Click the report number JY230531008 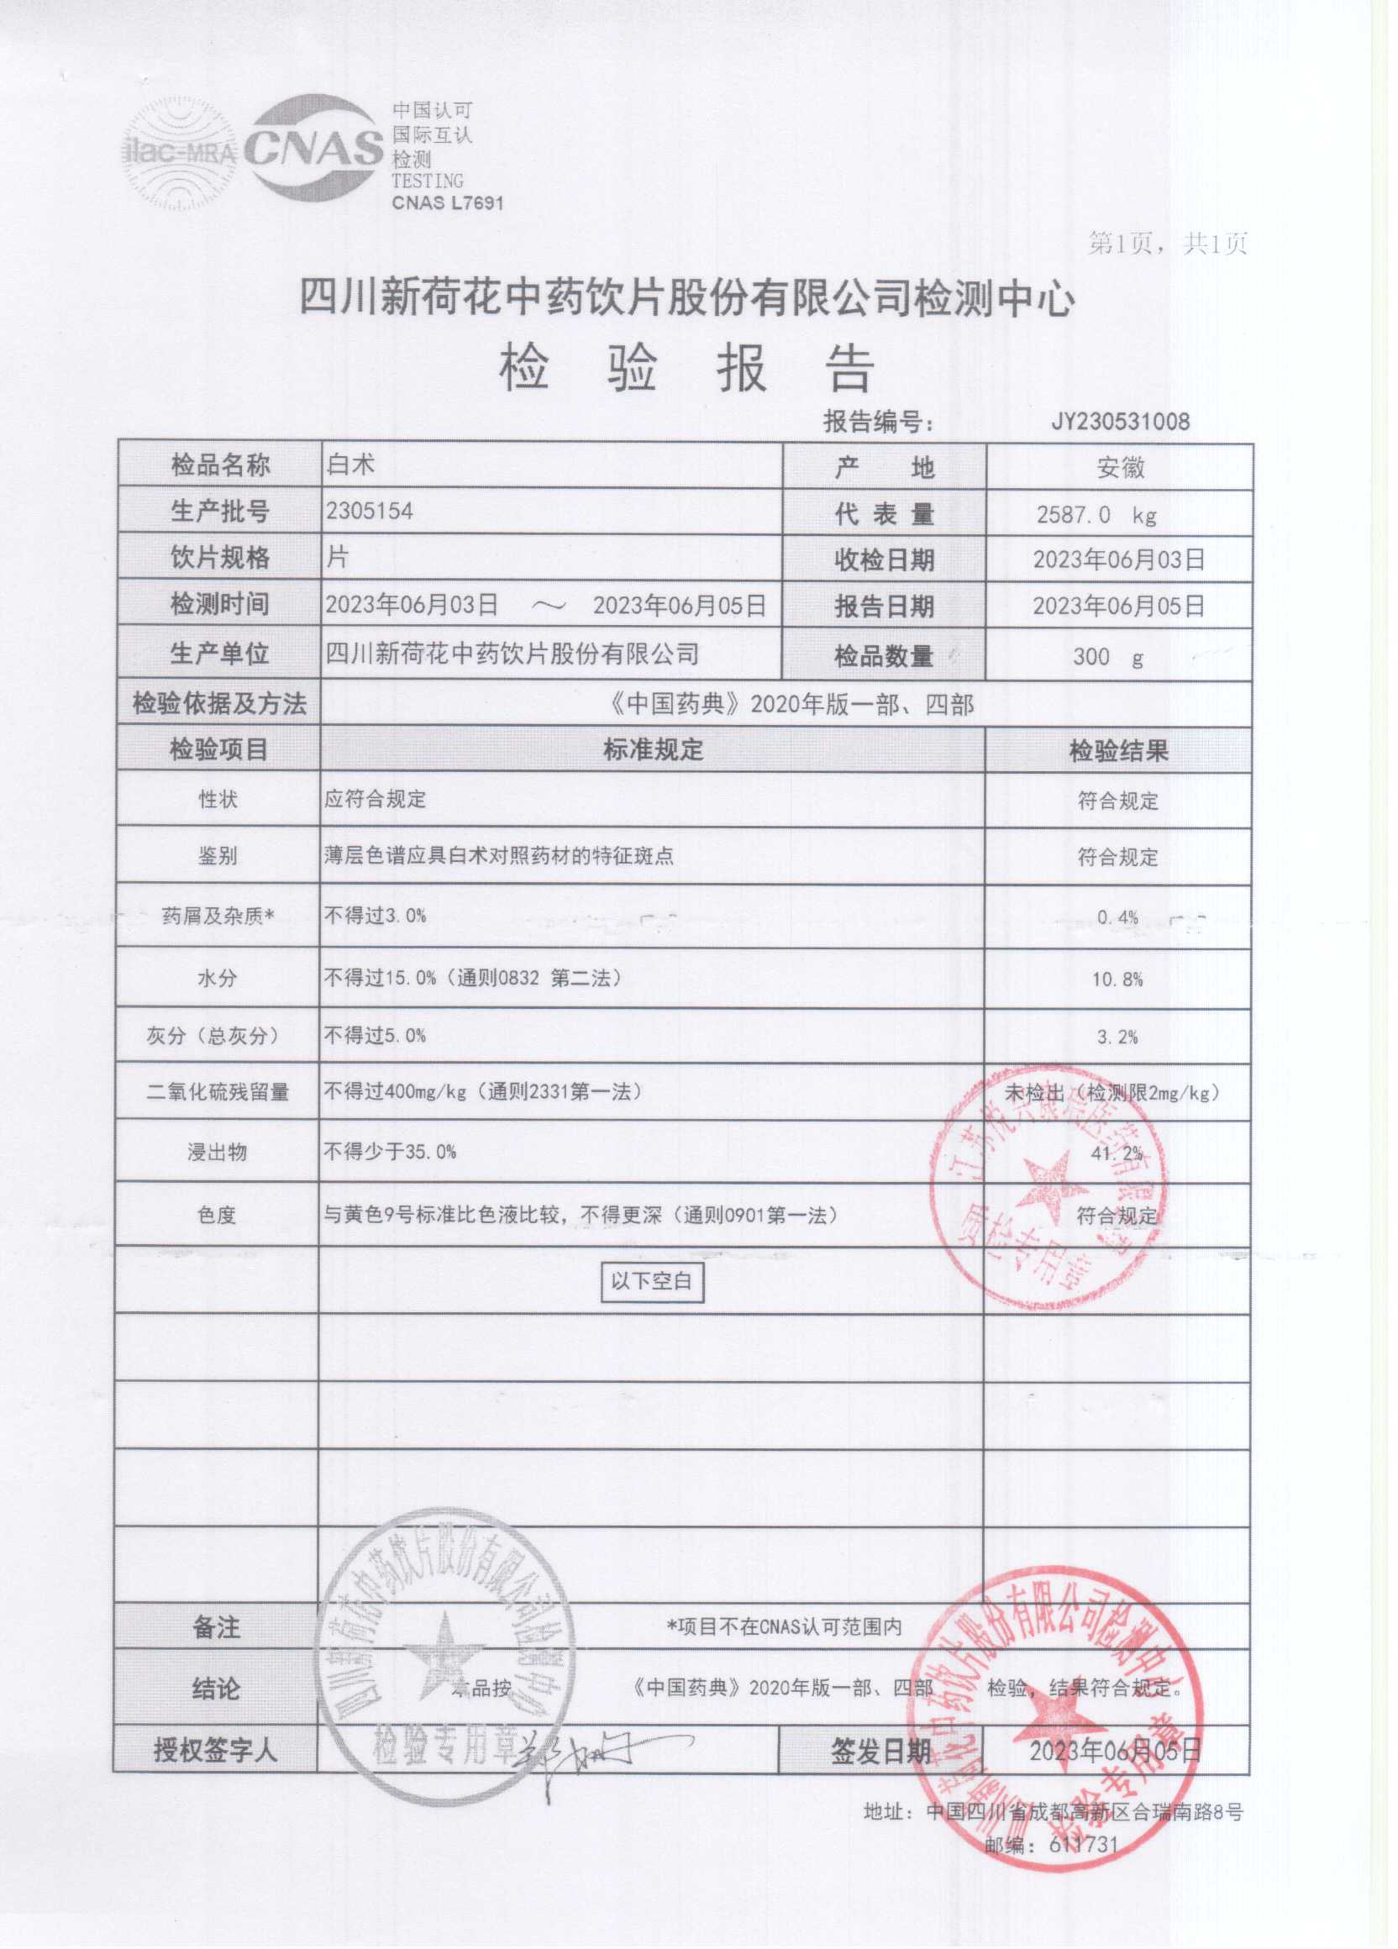tap(1121, 421)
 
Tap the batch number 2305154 tap(369, 512)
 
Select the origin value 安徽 tap(1121, 468)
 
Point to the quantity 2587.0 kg tap(1096, 515)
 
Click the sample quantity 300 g tap(1107, 658)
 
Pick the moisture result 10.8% tap(1117, 979)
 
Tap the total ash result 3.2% tap(1117, 1038)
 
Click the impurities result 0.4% tap(1117, 917)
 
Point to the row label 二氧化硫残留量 tap(218, 1093)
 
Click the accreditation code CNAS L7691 tap(447, 202)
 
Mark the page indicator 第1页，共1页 tap(1167, 244)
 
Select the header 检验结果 tap(1118, 752)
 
